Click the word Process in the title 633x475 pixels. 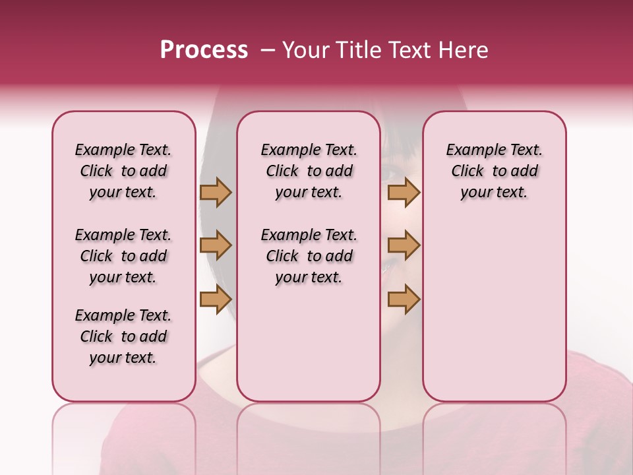point(204,50)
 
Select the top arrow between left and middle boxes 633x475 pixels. point(216,192)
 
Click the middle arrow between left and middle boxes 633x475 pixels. point(216,245)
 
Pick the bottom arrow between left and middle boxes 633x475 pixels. point(216,300)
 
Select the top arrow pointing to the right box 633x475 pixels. point(404,192)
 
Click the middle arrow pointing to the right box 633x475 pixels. point(404,245)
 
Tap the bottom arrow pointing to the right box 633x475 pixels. point(404,300)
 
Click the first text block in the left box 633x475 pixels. point(123,171)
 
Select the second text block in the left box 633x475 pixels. point(123,256)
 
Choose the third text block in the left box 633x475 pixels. point(123,336)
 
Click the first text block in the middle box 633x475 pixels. point(309,171)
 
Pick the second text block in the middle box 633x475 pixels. point(309,256)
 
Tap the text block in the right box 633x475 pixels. point(494,171)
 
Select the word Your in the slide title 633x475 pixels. point(305,50)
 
